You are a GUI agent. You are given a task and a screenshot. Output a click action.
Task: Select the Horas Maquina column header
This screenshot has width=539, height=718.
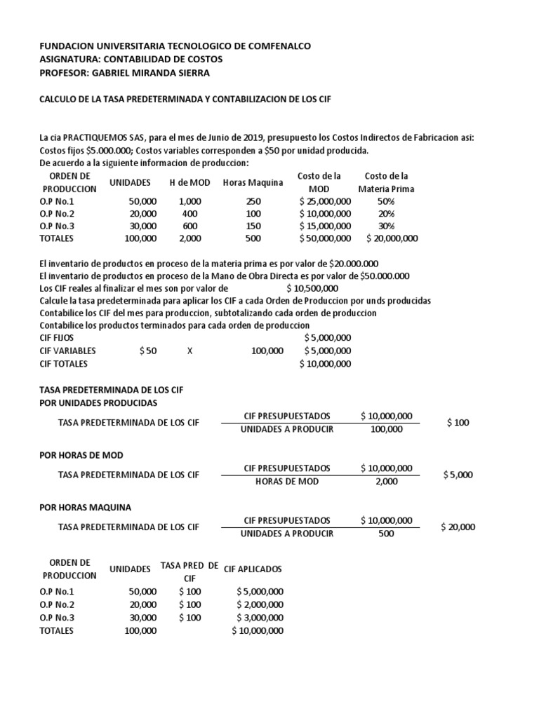pos(253,183)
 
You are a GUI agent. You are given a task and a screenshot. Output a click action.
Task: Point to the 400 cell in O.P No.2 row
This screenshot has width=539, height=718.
pos(190,214)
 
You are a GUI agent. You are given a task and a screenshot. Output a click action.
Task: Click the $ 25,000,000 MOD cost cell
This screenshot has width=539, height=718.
pos(325,201)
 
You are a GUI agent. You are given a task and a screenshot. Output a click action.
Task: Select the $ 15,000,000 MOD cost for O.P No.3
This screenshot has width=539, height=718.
pos(325,226)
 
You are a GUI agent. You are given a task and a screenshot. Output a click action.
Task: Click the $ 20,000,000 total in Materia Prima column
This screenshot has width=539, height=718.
pos(392,238)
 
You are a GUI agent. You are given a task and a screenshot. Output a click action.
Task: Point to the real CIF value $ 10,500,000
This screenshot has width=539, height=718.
pos(312,288)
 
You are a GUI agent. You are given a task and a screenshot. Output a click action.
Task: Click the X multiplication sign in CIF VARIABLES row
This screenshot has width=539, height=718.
pos(189,351)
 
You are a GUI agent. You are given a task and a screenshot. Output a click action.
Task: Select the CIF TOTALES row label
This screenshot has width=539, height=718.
pos(65,363)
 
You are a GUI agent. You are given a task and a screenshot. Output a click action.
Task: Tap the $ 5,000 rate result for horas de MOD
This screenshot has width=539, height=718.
pos(458,475)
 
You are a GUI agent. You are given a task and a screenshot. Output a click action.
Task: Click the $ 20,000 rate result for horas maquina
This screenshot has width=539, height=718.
pos(458,527)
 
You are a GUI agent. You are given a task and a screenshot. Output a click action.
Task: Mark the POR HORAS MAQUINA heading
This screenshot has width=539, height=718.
pos(86,507)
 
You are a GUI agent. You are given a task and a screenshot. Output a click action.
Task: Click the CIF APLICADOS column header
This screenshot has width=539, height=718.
pos(253,569)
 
